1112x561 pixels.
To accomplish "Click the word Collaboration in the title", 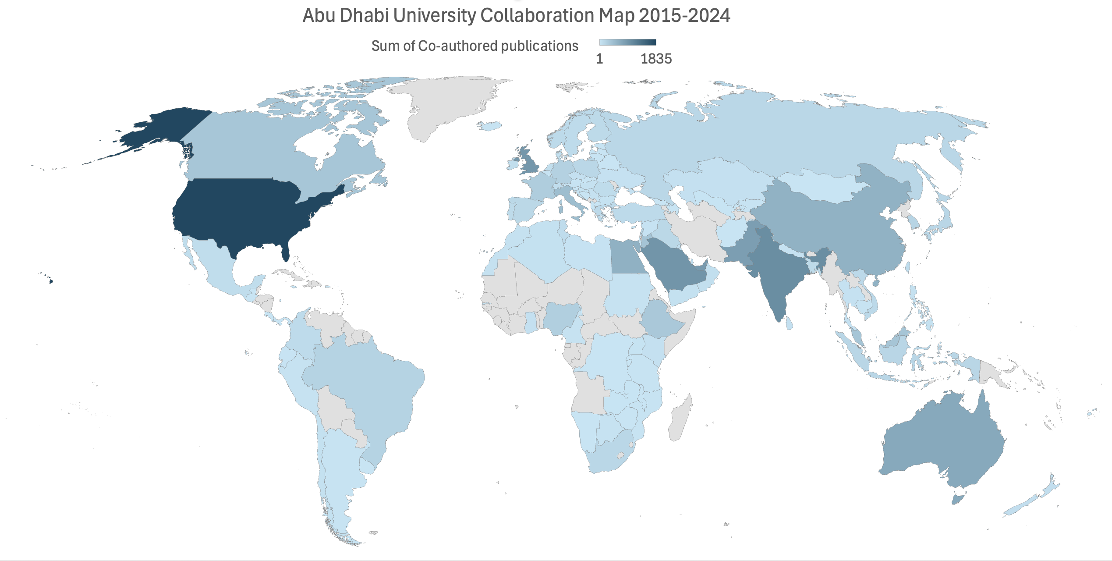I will pos(537,16).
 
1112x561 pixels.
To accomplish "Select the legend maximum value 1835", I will pos(656,59).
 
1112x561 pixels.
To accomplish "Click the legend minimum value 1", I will pos(599,59).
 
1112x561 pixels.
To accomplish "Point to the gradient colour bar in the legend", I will pos(627,42).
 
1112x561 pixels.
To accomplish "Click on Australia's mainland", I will pos(942,443).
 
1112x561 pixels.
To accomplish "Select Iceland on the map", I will pos(489,126).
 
